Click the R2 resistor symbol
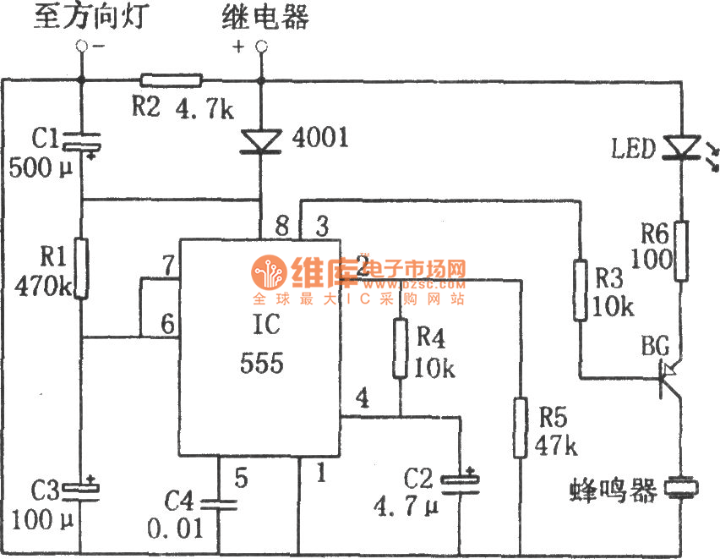[172, 80]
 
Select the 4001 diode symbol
[261, 140]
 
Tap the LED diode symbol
[681, 148]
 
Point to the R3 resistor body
[580, 290]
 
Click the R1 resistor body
[81, 268]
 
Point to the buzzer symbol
[680, 488]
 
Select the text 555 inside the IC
[262, 364]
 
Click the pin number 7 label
[168, 266]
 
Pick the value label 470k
[43, 286]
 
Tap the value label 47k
[555, 446]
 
